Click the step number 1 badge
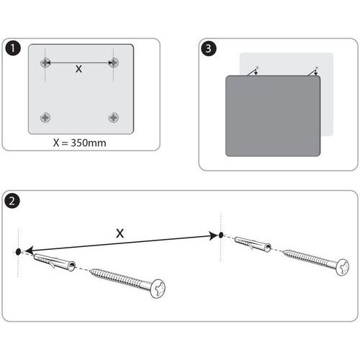(x=12, y=48)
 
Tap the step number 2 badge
(x=12, y=201)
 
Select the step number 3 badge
(x=209, y=48)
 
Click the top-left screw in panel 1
(x=45, y=63)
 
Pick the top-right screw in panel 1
(x=114, y=63)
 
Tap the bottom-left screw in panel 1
(x=45, y=117)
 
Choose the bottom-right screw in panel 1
(x=114, y=117)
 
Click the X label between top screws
(x=78, y=69)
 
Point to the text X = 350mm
(x=80, y=143)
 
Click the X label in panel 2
(x=120, y=233)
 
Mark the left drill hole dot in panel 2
(x=18, y=252)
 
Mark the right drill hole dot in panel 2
(x=221, y=235)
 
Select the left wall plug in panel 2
(x=55, y=262)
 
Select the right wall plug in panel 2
(x=253, y=244)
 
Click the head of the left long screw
(x=158, y=289)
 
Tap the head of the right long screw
(x=343, y=267)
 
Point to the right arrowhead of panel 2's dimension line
(x=213, y=235)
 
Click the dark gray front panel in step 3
(x=273, y=116)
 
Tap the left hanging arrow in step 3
(x=253, y=71)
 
